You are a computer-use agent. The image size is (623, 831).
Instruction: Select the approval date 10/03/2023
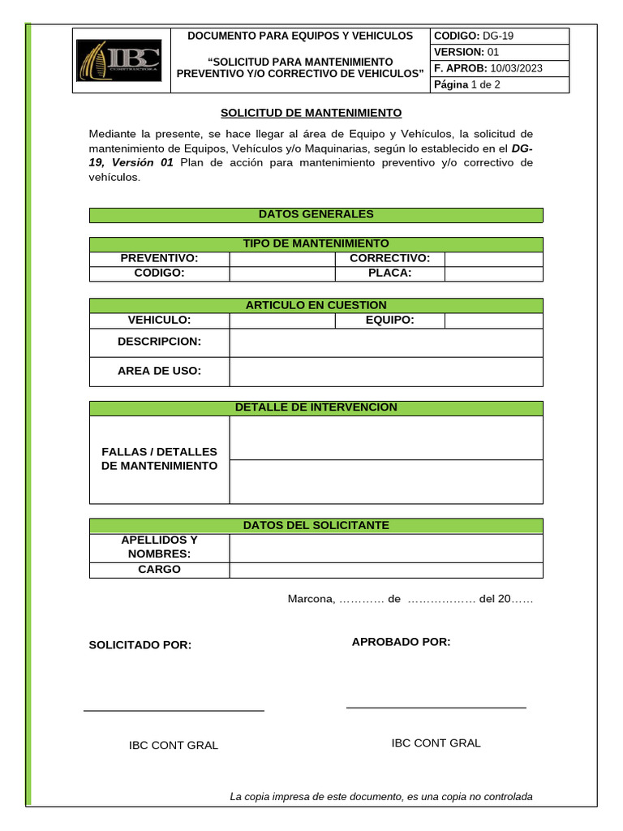(x=516, y=68)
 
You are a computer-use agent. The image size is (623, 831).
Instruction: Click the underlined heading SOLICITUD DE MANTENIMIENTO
(x=311, y=113)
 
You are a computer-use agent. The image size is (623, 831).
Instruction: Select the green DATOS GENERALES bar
(x=316, y=214)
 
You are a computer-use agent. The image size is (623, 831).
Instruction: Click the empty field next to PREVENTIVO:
(x=282, y=259)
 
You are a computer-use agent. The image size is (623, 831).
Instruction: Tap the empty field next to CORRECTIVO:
(x=493, y=259)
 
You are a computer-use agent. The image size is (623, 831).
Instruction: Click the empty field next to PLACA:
(x=493, y=273)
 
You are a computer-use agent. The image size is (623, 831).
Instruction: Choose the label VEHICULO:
(x=159, y=321)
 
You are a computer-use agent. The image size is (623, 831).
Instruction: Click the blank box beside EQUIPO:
(x=493, y=321)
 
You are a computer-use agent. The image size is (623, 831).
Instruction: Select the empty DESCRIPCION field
(x=385, y=342)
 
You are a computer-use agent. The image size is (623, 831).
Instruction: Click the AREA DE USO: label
(x=159, y=371)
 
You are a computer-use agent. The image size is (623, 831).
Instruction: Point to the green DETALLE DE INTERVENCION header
(x=316, y=407)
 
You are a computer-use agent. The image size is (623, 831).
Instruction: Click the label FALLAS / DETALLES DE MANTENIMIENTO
(x=159, y=459)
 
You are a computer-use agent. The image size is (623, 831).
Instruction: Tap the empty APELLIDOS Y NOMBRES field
(x=385, y=548)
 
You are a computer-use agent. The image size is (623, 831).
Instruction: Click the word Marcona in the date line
(x=310, y=599)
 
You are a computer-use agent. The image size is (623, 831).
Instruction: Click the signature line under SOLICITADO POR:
(x=174, y=711)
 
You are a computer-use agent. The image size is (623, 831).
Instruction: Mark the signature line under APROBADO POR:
(x=436, y=708)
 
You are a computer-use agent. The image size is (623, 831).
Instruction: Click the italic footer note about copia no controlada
(x=381, y=796)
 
